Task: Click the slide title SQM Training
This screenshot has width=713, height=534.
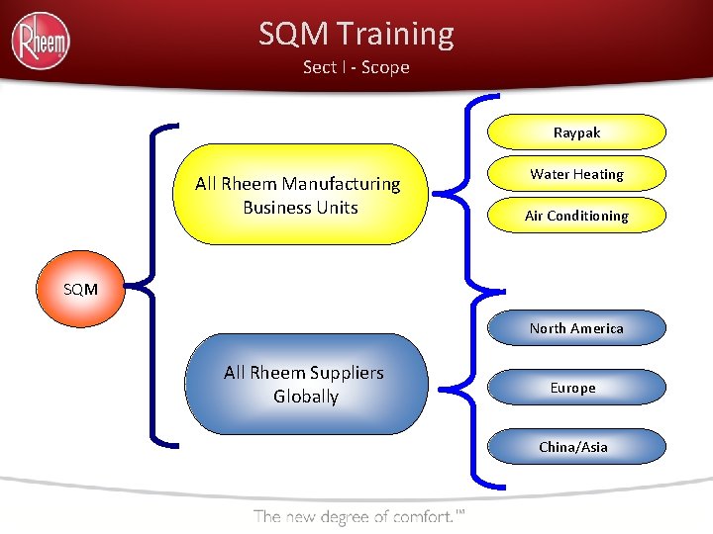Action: tap(356, 34)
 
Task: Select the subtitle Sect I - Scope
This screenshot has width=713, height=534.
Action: tap(356, 67)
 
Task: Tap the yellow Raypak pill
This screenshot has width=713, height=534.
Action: tap(576, 132)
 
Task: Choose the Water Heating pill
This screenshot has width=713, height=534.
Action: tap(576, 174)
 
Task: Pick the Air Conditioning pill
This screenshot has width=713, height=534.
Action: tap(576, 216)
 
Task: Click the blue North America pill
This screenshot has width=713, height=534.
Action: tap(576, 328)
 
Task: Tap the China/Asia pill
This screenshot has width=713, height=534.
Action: tap(573, 447)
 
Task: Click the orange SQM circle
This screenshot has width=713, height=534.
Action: tap(80, 289)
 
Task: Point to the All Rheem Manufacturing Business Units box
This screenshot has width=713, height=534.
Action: tap(299, 195)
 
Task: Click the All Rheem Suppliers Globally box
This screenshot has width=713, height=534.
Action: tap(305, 384)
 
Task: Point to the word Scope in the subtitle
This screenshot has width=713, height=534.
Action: tap(385, 67)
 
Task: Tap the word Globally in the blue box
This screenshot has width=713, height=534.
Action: tap(306, 397)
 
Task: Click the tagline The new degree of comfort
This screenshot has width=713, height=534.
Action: tap(358, 516)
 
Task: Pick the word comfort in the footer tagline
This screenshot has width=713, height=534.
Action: tap(424, 516)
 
